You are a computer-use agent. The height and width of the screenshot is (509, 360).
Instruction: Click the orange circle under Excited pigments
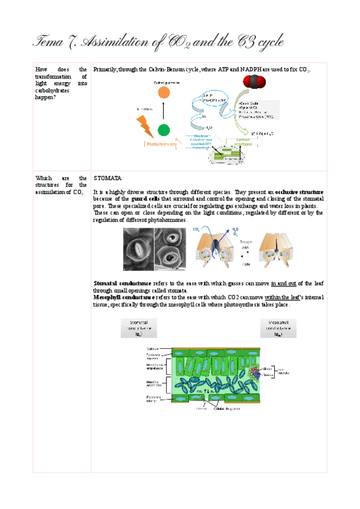(x=163, y=92)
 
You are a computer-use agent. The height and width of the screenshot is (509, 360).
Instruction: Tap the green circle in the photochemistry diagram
(x=163, y=130)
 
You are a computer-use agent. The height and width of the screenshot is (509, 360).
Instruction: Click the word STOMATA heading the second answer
(x=108, y=178)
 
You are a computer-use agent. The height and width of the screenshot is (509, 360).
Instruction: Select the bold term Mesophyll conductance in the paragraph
(x=122, y=297)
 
